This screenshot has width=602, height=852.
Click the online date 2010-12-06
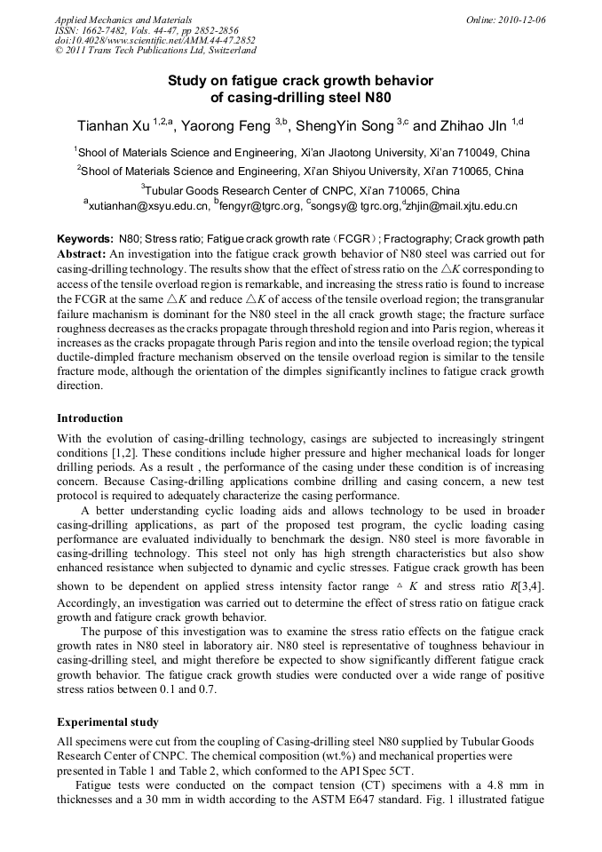click(x=521, y=20)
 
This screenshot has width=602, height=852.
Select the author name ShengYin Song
click(x=345, y=126)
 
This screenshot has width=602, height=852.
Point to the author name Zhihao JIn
click(x=471, y=126)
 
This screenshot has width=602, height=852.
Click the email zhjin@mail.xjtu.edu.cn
click(x=463, y=205)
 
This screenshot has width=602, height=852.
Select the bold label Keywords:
click(x=85, y=239)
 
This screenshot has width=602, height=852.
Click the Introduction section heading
click(x=90, y=418)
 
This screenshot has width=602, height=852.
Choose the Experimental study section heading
click(x=107, y=722)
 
